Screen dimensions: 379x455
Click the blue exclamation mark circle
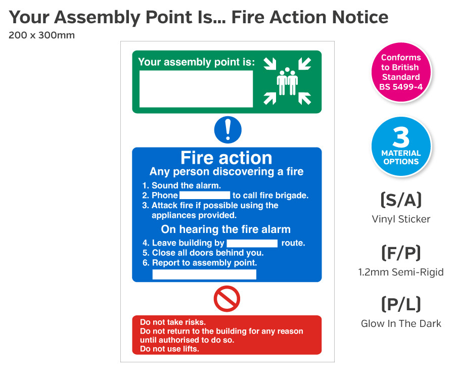[x=227, y=130]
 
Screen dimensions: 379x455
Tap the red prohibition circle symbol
[x=226, y=299]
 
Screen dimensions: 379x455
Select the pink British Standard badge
[x=401, y=72]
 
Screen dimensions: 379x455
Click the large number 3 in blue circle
[x=401, y=137]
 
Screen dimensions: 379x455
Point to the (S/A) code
[x=400, y=200]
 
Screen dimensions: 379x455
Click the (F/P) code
[x=400, y=252]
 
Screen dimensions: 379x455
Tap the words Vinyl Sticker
[x=400, y=219]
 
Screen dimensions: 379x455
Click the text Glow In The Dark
[x=400, y=323]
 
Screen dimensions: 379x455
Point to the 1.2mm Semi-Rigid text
[x=400, y=272]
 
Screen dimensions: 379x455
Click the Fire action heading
[x=226, y=158]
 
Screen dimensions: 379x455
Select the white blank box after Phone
[x=205, y=195]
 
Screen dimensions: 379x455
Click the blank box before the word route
[x=252, y=243]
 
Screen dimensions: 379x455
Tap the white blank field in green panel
[x=196, y=89]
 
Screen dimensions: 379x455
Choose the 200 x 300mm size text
[x=41, y=35]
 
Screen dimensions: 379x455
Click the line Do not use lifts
[x=169, y=349]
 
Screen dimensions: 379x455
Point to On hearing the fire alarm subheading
[x=225, y=229]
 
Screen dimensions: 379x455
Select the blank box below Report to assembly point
[x=204, y=274]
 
